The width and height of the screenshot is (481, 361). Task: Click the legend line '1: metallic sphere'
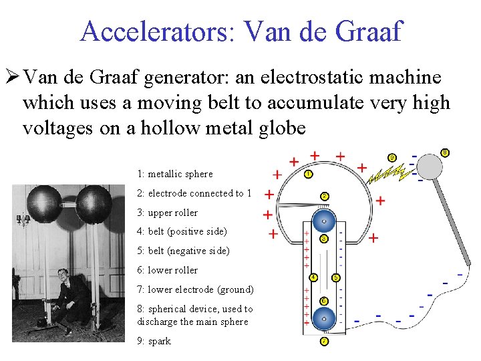point(174,174)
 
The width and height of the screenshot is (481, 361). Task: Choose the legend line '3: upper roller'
point(167,213)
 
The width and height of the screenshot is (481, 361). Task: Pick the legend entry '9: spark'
point(154,341)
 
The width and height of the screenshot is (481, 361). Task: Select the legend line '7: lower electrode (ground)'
point(195,289)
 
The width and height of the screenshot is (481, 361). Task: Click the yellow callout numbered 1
point(308,174)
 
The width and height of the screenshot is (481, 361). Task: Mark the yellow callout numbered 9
point(392,158)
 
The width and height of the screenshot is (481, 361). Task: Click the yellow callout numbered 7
point(324,341)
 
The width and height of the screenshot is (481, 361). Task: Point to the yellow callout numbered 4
point(313,277)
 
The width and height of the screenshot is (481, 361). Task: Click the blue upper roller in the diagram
point(323,221)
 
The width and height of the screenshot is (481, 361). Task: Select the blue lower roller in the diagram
point(324,318)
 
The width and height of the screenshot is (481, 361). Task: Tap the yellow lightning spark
point(387,175)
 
